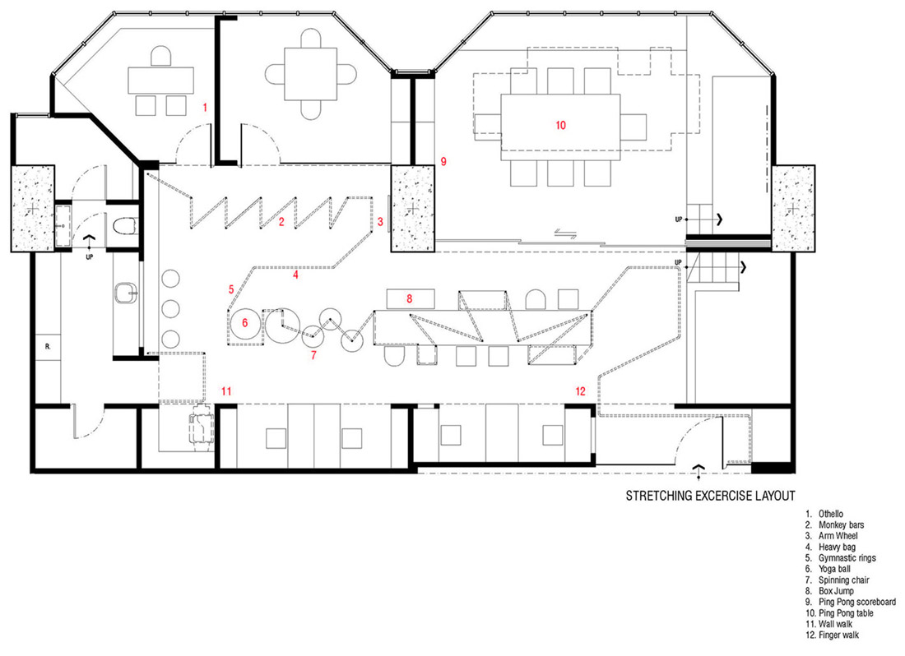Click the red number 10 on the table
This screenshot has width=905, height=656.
(560, 125)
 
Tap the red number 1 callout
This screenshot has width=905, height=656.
(204, 107)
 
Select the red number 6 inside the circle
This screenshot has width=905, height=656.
(244, 323)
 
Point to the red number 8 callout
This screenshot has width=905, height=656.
(409, 298)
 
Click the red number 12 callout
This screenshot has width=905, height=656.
(580, 391)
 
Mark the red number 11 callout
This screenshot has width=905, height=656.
(226, 391)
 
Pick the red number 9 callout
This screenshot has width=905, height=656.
(443, 161)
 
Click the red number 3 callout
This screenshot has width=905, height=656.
(380, 221)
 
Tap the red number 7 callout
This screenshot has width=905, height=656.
(313, 355)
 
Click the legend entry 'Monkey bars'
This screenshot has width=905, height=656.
(841, 525)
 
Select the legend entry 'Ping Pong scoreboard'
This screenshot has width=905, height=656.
(857, 602)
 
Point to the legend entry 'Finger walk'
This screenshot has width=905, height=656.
(838, 635)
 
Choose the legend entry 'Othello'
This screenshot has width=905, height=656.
(831, 514)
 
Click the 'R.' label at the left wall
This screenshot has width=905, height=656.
(48, 347)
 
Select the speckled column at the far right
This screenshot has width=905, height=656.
(794, 208)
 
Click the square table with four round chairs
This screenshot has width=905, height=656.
(310, 74)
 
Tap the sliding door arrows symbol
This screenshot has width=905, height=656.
(565, 233)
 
